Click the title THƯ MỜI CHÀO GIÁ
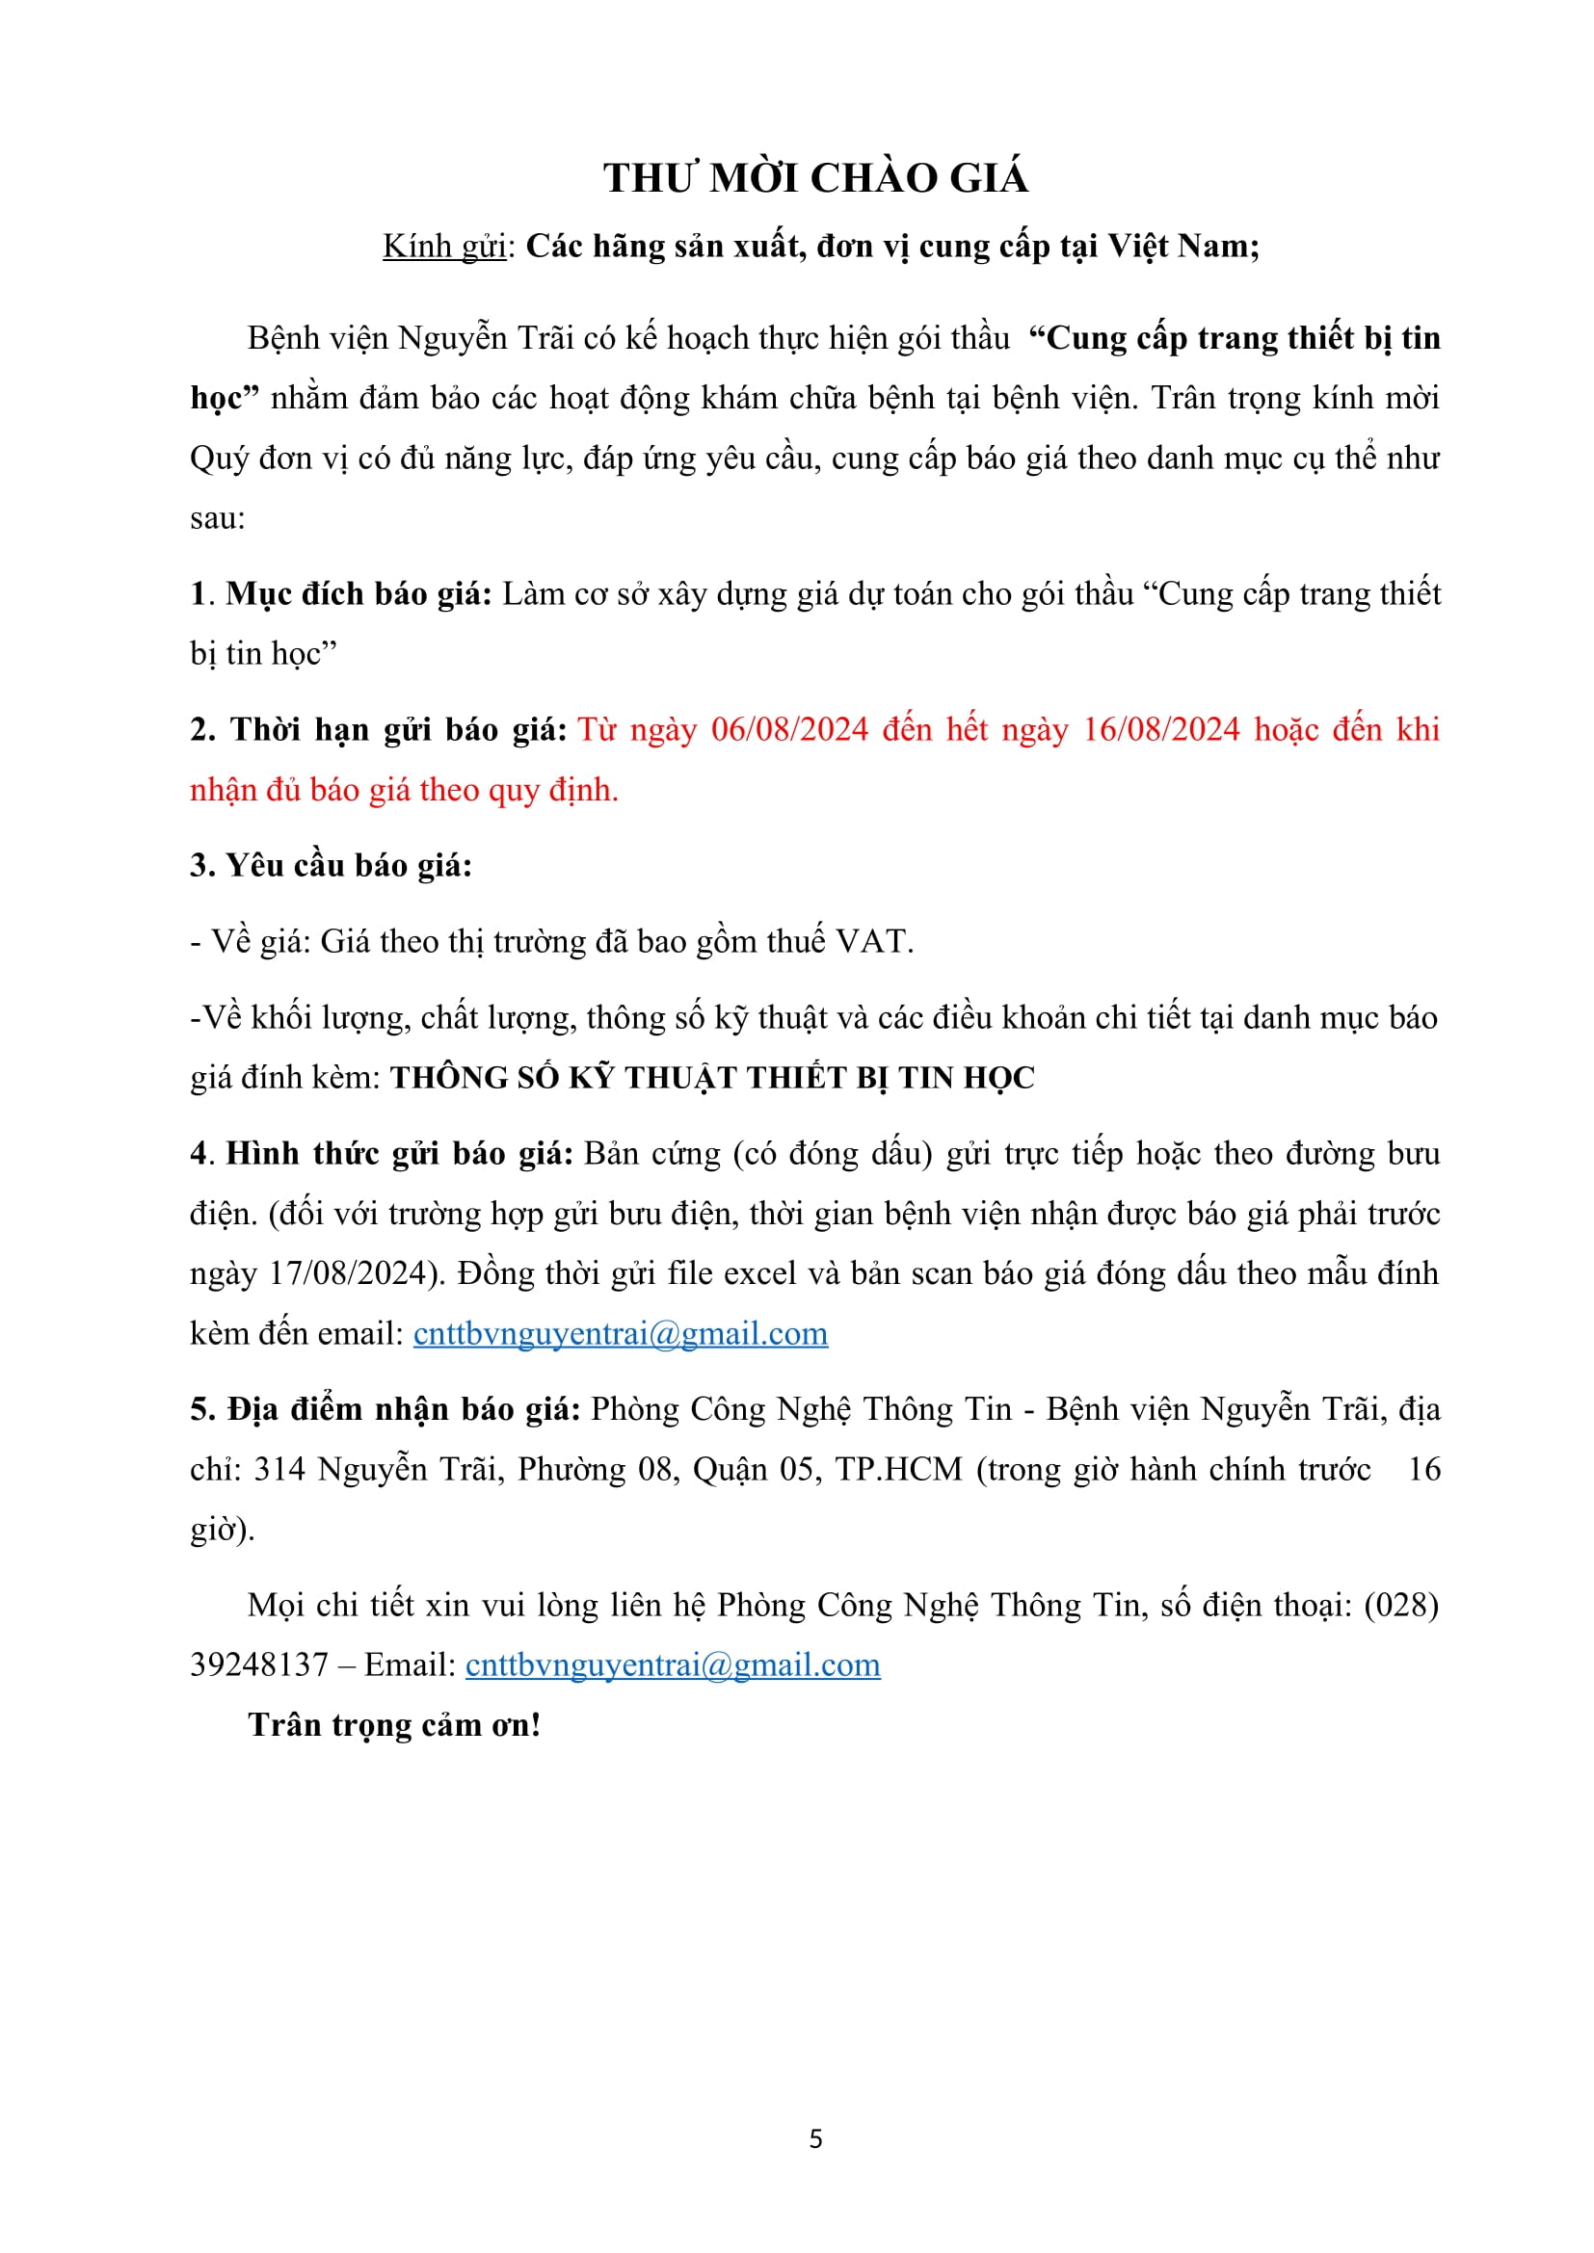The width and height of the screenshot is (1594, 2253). point(815,178)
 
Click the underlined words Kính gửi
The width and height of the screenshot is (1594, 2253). point(443,246)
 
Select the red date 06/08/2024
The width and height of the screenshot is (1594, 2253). point(790,730)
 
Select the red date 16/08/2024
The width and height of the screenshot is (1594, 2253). point(1161,730)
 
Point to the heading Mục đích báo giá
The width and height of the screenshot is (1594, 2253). point(358,593)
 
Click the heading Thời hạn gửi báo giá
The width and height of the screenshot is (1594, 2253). point(378,730)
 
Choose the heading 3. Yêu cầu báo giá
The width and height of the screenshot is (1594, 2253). point(331,866)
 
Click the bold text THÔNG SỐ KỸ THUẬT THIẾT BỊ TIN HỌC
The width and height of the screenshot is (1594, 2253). point(711,1079)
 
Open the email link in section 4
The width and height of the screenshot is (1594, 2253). point(621,1333)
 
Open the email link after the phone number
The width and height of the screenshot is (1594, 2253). point(673,1665)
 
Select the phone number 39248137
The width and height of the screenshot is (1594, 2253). point(259,1665)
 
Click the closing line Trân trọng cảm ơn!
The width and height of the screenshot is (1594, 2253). point(394,1725)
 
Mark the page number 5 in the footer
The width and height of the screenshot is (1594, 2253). point(815,2139)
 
